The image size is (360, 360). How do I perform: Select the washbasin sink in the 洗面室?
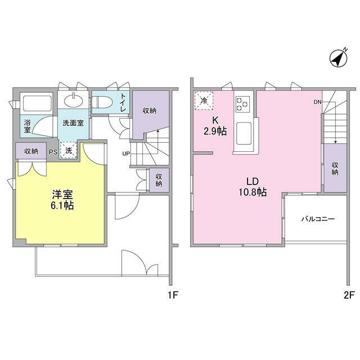(73, 101)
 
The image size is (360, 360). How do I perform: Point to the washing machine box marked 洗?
(67, 150)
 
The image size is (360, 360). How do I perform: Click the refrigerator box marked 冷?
(203, 101)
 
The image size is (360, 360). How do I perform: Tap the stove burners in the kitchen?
(244, 103)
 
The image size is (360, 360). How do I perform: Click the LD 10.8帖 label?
(251, 187)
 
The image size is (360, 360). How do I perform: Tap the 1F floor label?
(173, 295)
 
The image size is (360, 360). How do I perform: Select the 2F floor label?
(349, 295)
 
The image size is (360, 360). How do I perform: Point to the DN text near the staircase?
(317, 102)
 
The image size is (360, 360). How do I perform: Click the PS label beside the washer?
(52, 151)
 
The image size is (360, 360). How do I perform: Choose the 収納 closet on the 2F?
(335, 168)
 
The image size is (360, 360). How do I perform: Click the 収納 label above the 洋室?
(31, 151)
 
